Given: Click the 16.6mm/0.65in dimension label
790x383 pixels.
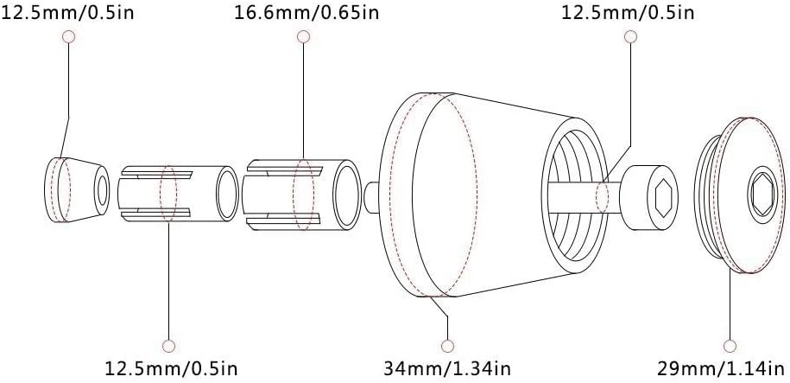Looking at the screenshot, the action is (307, 12).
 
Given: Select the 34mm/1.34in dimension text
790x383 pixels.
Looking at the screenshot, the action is (447, 368).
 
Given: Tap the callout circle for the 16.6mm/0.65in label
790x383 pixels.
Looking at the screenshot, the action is (303, 36).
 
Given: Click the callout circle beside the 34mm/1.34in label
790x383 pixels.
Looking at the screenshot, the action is (447, 346).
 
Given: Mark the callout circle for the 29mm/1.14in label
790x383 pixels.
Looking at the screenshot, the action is (730, 346).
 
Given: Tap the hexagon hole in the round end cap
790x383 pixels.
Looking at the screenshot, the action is (762, 195).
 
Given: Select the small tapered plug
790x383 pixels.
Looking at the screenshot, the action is (77, 189).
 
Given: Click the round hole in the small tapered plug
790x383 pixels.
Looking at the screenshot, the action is (102, 191).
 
